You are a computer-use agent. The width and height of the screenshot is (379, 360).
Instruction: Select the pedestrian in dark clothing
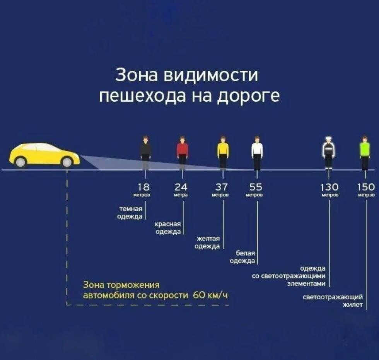[x=145, y=153]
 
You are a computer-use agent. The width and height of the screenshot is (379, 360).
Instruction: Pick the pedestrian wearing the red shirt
[x=183, y=153]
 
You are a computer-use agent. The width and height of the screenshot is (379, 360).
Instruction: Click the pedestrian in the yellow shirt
[x=223, y=153]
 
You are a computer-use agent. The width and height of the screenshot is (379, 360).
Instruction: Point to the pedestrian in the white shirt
[x=257, y=153]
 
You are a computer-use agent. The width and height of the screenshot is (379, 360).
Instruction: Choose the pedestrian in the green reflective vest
[x=365, y=153]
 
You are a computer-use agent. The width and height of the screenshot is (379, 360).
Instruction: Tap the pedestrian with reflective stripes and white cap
[x=328, y=153]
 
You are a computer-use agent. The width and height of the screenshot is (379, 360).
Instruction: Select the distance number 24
[x=181, y=187]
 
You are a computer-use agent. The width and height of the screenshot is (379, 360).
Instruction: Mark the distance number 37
[x=221, y=187]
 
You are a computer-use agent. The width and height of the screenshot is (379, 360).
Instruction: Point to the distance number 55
[x=255, y=187]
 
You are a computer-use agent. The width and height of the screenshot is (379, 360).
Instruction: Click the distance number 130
[x=329, y=187]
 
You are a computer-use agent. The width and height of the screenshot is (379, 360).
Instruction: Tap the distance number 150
[x=366, y=187]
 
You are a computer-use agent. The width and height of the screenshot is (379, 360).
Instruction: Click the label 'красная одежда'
[x=168, y=228]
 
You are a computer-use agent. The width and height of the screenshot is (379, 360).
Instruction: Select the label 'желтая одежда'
[x=207, y=243]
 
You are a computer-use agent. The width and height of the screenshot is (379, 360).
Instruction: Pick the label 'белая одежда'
[x=242, y=257]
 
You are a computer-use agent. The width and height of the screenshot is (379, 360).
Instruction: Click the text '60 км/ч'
[x=210, y=295]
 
